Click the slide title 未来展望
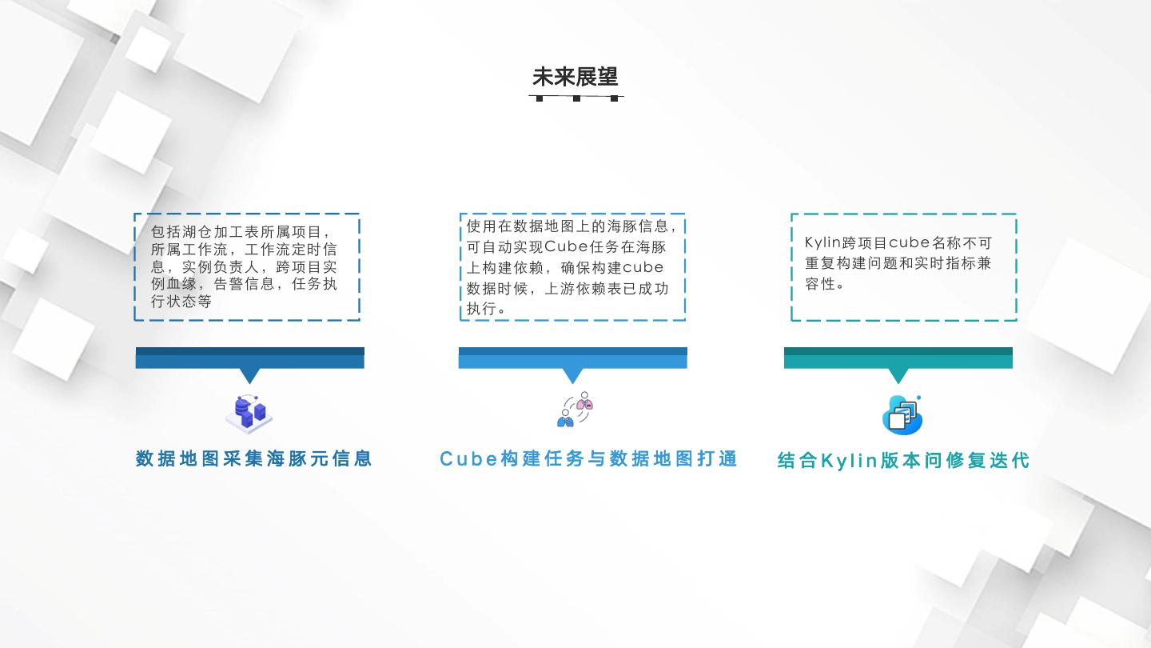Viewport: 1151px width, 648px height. point(575,77)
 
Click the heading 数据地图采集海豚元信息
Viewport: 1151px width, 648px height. point(254,458)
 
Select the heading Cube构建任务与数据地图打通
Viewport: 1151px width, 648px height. point(588,458)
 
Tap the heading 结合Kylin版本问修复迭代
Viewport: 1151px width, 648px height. point(903,461)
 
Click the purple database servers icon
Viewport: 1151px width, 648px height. point(250,414)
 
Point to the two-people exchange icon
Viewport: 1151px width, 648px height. point(575,409)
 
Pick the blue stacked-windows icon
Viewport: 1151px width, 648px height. point(902,414)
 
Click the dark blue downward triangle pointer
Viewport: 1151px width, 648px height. point(250,374)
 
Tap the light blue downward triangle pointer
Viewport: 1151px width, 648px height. point(573,374)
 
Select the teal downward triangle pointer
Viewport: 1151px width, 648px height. point(898,374)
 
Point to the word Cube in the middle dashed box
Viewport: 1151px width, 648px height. point(566,246)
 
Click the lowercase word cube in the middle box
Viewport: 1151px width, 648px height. point(643,267)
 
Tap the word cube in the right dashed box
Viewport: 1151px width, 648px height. point(909,242)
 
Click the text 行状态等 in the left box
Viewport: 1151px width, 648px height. point(181,302)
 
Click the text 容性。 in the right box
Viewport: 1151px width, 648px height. point(825,283)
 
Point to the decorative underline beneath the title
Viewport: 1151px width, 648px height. point(576,98)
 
